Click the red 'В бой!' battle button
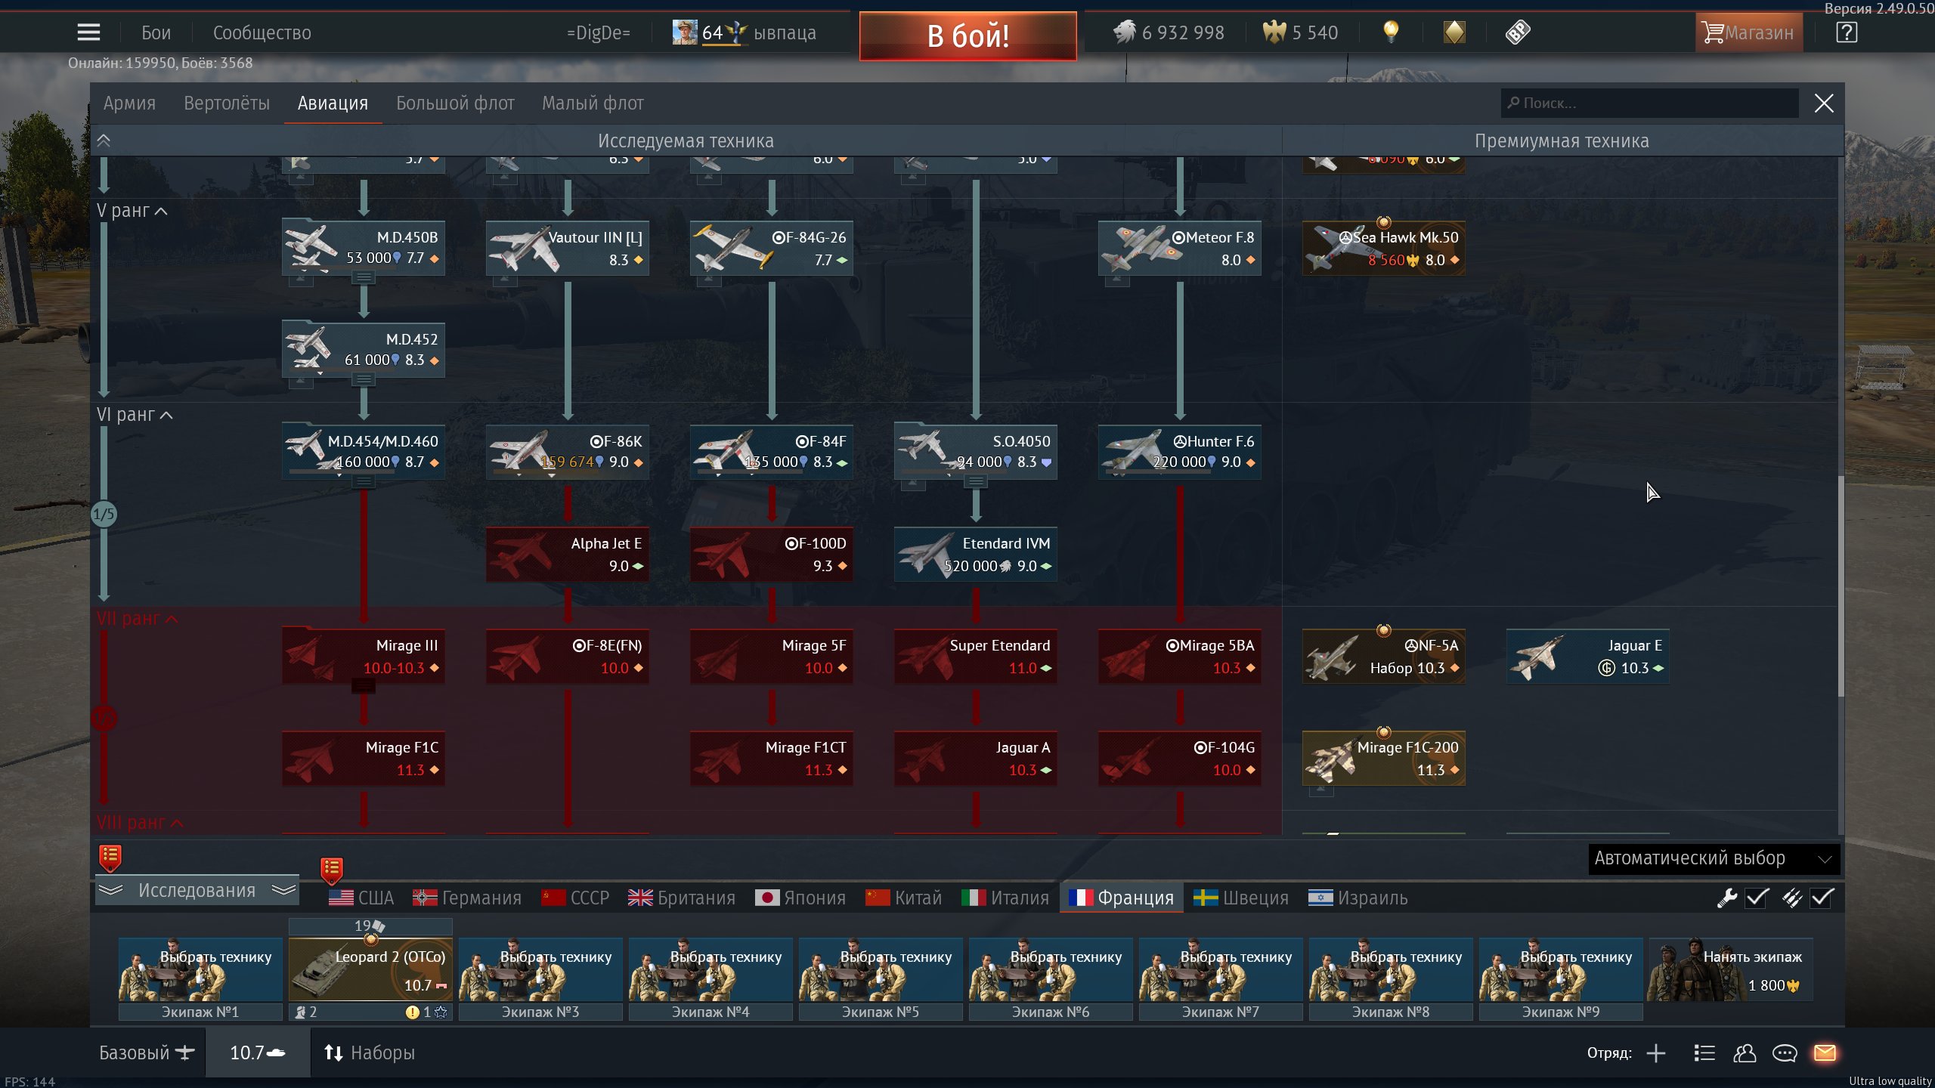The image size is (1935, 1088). coord(967,36)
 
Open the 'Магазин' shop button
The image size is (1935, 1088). coord(1748,32)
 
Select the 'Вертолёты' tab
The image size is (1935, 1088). coord(226,103)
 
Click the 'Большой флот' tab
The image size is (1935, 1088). coord(455,103)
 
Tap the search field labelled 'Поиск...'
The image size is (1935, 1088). coord(1648,103)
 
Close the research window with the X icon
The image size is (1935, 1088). coord(1823,104)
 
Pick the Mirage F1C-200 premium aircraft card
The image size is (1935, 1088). coord(1383,758)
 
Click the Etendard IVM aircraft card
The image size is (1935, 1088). coord(975,554)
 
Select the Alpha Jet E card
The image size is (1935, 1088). coord(567,554)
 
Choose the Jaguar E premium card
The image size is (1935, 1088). coord(1587,656)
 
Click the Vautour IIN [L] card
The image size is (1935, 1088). coord(567,248)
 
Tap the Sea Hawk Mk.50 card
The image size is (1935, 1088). coord(1383,248)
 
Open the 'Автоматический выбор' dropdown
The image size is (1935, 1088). coord(1713,858)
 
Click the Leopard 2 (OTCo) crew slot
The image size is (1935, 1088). coord(370,970)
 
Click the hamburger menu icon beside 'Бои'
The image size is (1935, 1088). coord(88,32)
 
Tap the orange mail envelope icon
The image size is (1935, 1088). coord(1825,1052)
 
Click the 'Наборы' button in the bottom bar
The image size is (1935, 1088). coord(370,1052)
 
